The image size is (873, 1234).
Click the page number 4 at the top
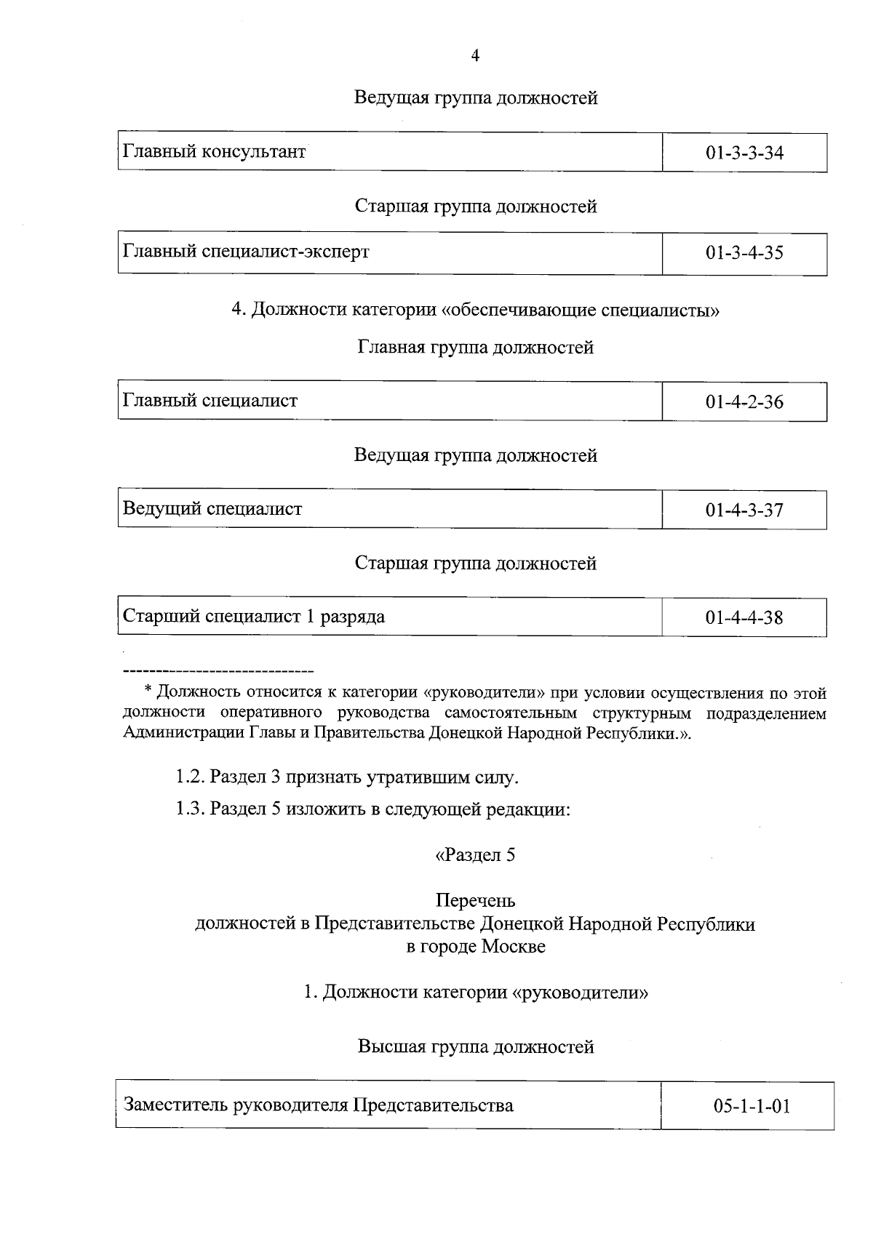(x=475, y=57)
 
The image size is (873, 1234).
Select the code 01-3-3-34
(x=744, y=153)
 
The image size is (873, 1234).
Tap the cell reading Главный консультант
(x=214, y=152)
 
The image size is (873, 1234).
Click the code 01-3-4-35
(x=744, y=253)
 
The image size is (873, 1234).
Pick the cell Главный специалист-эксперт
(x=246, y=252)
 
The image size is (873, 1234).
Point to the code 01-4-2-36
(x=744, y=402)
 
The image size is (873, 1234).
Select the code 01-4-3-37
(x=744, y=510)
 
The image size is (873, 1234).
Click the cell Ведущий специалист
(x=212, y=508)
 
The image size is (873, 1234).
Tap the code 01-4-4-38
(x=744, y=618)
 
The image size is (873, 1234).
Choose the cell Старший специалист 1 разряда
(x=253, y=617)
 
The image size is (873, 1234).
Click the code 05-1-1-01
(x=752, y=1107)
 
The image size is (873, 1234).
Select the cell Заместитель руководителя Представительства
(x=319, y=1105)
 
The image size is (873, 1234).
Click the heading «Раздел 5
(x=475, y=854)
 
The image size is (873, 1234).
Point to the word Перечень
(x=475, y=900)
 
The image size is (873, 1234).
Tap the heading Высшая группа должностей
(x=475, y=1046)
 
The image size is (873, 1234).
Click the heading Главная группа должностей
(x=475, y=348)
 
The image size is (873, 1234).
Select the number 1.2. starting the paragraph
(x=190, y=777)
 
